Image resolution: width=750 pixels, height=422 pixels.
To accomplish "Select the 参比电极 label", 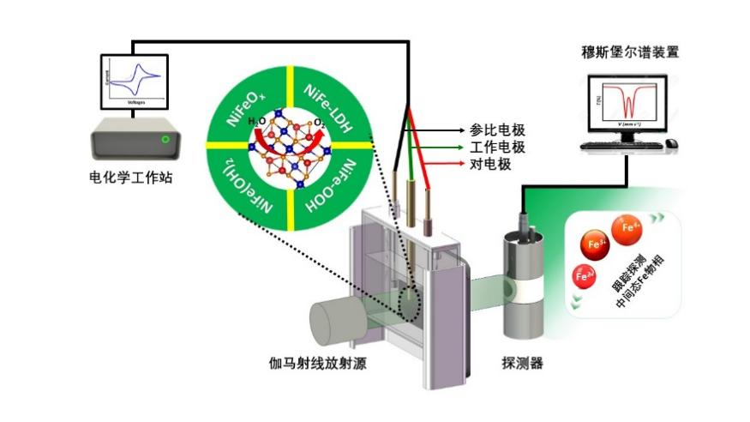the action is pos(497,130).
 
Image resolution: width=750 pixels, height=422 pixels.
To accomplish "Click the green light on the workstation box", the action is pos(165,139).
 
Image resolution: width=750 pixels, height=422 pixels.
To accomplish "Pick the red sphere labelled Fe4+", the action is pos(629,228).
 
